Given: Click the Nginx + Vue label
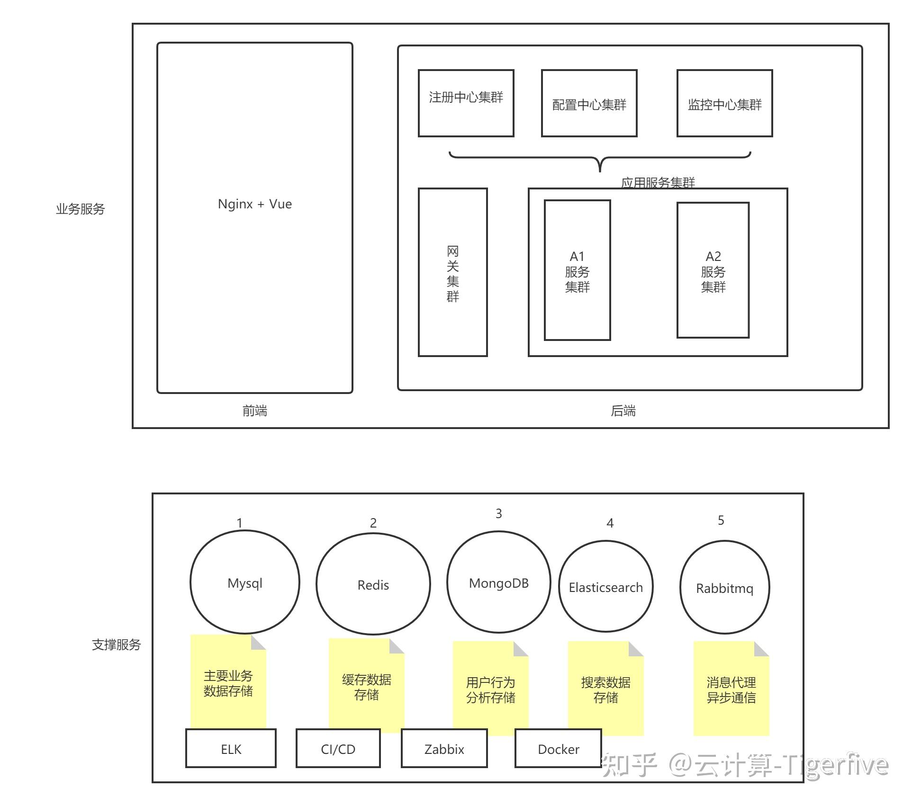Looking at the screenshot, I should point(254,204).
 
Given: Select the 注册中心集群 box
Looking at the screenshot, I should point(466,103).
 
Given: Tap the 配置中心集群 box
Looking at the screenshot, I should point(589,103).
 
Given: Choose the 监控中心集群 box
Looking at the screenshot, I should point(724,103).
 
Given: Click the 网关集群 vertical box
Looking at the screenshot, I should point(452,272).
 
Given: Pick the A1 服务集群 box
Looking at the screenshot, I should point(577,270).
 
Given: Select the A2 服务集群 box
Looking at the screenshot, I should point(713,270).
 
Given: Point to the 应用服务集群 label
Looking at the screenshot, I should point(658,182).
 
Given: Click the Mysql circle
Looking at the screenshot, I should point(244,583).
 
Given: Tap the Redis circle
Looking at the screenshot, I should point(373,585).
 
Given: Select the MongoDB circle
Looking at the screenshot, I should point(498,583).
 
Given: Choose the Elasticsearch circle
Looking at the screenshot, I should point(605,587).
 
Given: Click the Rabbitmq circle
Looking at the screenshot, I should point(724,588).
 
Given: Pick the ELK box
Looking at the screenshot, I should point(231,749).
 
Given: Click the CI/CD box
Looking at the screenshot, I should point(338,749).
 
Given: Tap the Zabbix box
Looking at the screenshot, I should point(444,749).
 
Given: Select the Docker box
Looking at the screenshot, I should point(558,749).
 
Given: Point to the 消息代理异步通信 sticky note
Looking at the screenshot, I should point(731,690).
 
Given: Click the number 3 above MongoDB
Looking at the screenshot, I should point(498,513).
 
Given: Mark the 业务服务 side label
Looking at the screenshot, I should point(80,209).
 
